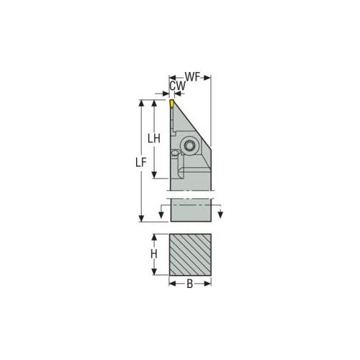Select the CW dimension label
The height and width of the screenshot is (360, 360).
tap(176, 86)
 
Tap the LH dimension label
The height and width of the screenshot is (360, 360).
tap(153, 138)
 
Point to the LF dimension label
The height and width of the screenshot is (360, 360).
tap(141, 163)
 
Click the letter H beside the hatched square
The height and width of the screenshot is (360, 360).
tap(153, 254)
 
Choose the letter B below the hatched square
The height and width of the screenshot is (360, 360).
tap(189, 283)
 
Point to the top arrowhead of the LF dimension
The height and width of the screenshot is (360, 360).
tap(141, 102)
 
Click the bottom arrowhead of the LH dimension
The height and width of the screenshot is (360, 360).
tap(153, 176)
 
